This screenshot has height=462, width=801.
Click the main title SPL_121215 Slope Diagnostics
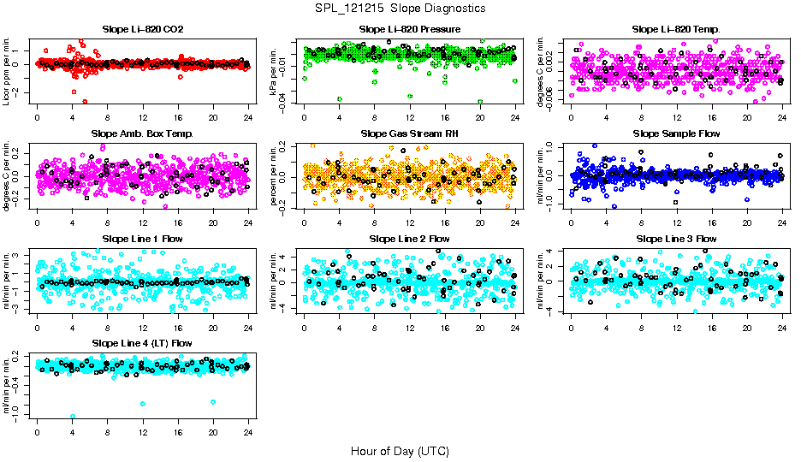(400, 8)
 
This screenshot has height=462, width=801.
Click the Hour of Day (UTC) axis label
(400, 451)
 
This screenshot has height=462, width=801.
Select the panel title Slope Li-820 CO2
(142, 29)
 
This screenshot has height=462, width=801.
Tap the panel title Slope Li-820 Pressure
(410, 29)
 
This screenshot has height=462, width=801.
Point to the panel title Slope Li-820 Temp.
(676, 29)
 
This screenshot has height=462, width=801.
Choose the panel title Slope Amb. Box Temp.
(142, 133)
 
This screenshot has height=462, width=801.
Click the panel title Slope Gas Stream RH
(410, 133)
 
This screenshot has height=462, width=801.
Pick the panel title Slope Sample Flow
(676, 133)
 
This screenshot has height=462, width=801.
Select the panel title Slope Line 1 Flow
(142, 238)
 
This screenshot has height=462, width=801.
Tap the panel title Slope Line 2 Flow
(410, 238)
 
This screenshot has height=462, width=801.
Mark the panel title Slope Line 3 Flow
(676, 238)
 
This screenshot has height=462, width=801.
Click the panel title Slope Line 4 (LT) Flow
(142, 343)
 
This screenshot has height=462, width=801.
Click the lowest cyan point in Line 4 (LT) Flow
(73, 417)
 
